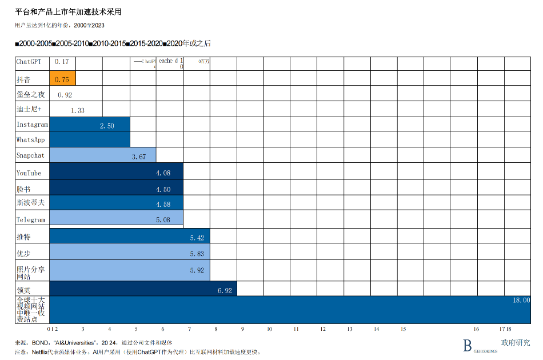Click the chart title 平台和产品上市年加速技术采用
[x=68, y=12]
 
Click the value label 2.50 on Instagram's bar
[x=107, y=126]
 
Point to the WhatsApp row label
[x=31, y=139]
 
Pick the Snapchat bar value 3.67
[x=139, y=157]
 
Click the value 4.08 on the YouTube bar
[x=163, y=173]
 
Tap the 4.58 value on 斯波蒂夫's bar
[x=163, y=204]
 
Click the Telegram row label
[x=31, y=219]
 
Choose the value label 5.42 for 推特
[x=197, y=238]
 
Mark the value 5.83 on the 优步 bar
[x=197, y=254]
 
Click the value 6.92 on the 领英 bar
[x=225, y=291]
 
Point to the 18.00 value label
[x=521, y=300]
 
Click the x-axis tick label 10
[x=269, y=329]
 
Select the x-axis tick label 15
[x=403, y=329]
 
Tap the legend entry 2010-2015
[x=108, y=43]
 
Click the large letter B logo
[x=467, y=345]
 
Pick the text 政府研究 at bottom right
[x=515, y=343]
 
